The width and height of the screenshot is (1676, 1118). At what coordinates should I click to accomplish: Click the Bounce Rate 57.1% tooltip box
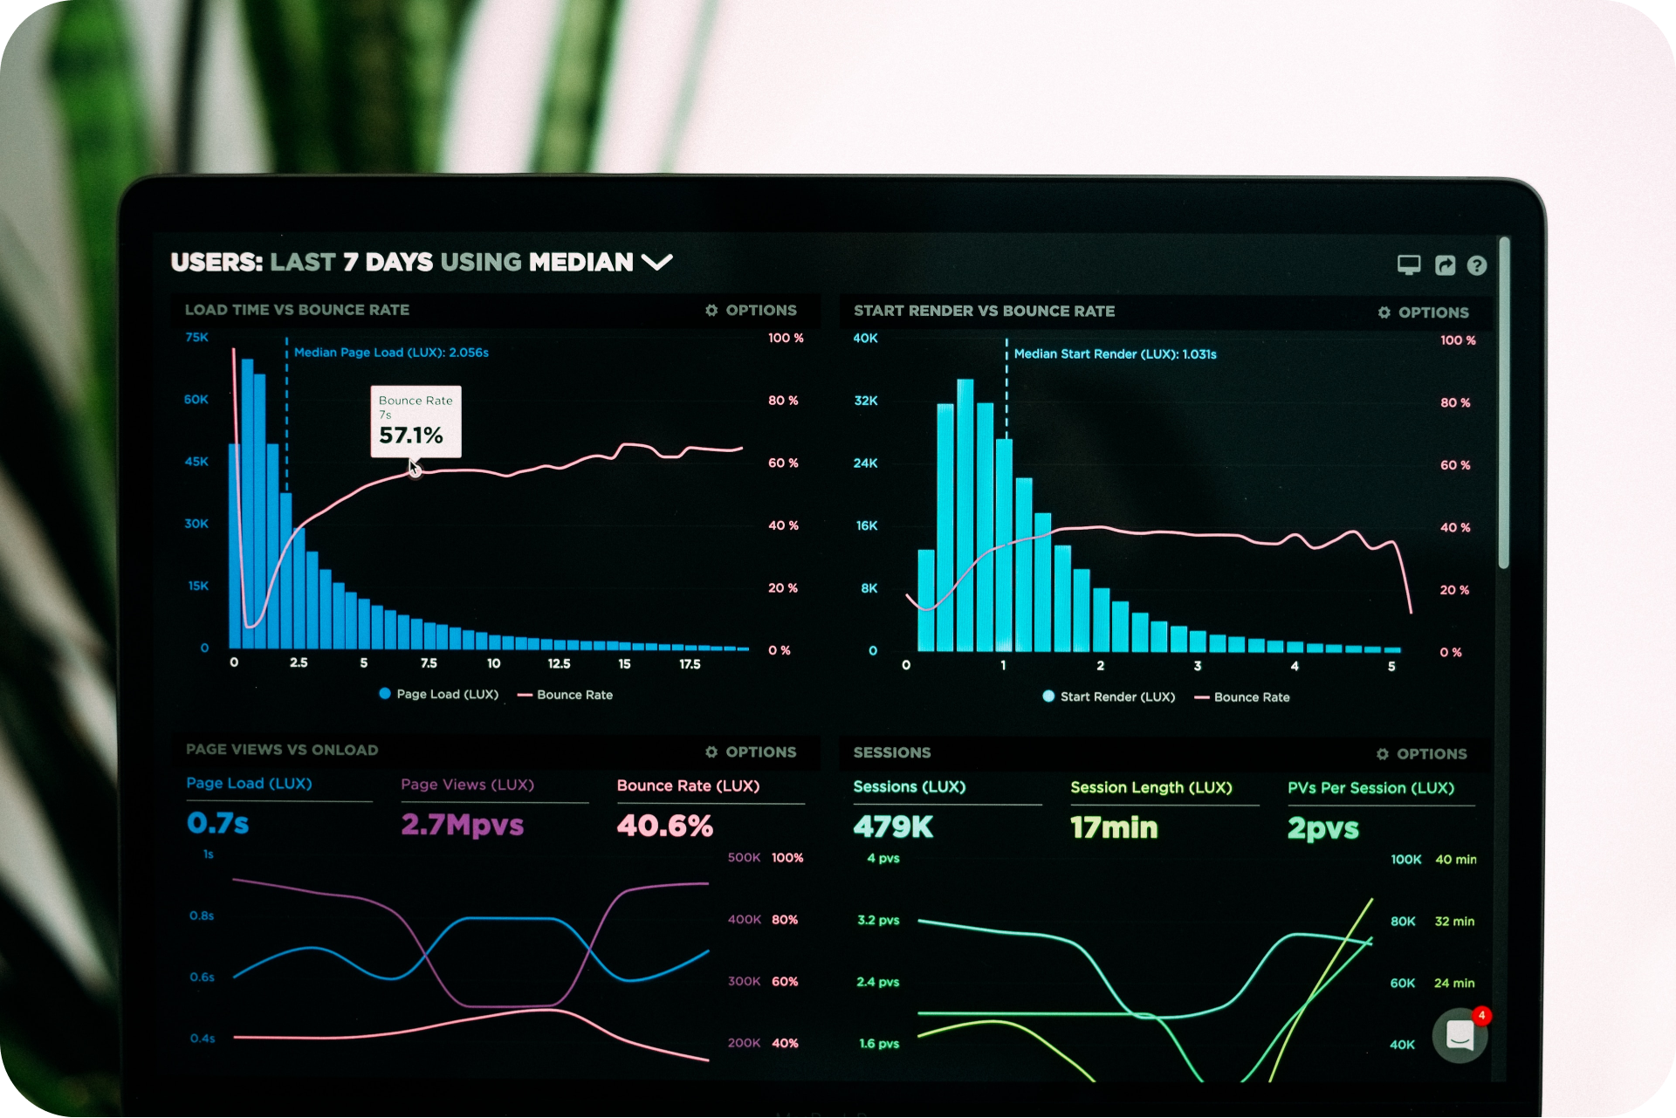416,422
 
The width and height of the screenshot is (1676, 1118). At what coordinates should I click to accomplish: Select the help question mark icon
1476,265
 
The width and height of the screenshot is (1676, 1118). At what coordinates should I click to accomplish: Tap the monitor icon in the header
1409,264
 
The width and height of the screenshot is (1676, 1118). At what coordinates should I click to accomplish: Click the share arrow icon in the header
1445,265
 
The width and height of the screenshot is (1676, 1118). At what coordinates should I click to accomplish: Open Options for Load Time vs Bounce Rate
752,311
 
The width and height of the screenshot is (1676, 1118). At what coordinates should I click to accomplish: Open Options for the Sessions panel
1422,754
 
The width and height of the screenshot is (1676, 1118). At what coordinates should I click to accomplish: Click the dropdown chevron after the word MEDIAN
657,262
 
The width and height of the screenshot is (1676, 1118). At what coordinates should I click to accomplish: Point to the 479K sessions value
893,826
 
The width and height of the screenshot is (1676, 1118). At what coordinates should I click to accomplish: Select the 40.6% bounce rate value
664,826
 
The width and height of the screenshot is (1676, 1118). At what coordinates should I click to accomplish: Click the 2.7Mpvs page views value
462,825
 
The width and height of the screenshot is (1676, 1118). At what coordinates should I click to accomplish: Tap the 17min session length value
1114,827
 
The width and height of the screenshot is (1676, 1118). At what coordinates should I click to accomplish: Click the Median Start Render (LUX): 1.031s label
1115,354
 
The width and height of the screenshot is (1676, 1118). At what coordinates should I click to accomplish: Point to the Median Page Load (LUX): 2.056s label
391,353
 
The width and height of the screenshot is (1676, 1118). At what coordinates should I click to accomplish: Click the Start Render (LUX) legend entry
1109,696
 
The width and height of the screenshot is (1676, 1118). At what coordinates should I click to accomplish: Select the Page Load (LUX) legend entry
439,695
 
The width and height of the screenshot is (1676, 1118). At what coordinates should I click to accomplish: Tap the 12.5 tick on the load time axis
559,664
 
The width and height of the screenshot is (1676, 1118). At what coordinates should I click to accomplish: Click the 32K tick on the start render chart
866,401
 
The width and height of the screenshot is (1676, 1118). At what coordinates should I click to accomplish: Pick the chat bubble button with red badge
1460,1036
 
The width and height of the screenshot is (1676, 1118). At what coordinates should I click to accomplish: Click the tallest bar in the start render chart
965,515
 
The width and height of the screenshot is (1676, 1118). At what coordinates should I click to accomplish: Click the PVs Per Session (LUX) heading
1370,788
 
